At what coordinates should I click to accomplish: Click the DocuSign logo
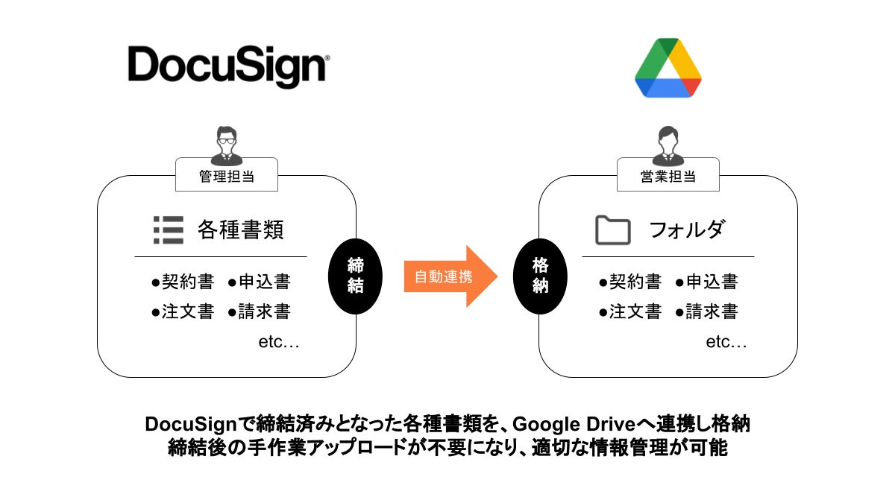point(228,67)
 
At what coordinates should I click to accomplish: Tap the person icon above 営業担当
point(668,145)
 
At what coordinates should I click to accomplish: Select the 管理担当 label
point(226,177)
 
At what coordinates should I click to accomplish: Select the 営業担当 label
point(668,177)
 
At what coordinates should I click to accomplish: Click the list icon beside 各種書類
point(168,230)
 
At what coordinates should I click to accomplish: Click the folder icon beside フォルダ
point(613,230)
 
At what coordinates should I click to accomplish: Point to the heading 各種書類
point(240,230)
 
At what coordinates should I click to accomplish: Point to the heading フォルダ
point(686,230)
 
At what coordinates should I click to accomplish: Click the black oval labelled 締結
point(355,276)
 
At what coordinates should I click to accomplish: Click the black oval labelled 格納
point(541,276)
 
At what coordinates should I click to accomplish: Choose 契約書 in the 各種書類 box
point(187,282)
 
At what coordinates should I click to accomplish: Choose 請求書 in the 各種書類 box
point(264,311)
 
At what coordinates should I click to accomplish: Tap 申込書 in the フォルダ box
point(712,282)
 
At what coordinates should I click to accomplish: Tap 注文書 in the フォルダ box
point(635,311)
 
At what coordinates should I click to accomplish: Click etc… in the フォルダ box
point(726,343)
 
